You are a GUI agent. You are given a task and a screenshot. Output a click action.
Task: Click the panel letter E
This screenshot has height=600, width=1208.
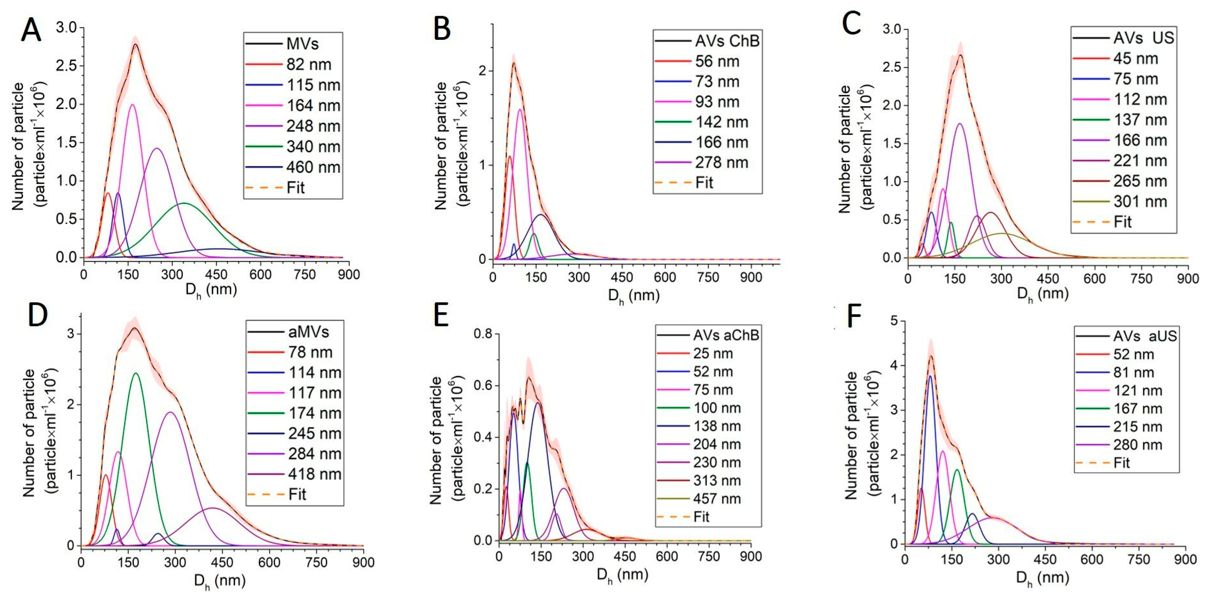pos(442,316)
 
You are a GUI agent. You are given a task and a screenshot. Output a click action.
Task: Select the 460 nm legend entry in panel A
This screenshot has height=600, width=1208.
pos(313,167)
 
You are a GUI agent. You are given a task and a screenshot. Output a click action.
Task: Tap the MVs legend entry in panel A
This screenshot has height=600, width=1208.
pos(303,44)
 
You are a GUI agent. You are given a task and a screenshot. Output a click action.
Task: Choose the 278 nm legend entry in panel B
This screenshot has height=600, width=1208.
pos(722,163)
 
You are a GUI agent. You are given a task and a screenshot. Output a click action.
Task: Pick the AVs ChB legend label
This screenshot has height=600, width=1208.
pos(727,41)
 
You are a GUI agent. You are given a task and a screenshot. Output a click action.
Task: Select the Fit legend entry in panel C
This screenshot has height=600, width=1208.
pos(1122,222)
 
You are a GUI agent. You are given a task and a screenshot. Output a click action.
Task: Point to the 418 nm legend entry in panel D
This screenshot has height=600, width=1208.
pos(314,474)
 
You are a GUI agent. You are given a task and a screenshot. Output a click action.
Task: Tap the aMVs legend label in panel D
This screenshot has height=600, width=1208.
pos(308,332)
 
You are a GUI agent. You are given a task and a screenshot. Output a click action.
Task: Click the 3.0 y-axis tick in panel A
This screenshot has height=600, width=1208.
pos(66,28)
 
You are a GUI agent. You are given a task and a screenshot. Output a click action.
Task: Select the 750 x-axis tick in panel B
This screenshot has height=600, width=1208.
pos(708,277)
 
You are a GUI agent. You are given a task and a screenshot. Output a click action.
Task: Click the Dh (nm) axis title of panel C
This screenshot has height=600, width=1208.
pos(1042,294)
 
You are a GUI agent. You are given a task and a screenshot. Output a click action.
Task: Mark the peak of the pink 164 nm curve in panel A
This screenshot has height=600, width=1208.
pos(132,105)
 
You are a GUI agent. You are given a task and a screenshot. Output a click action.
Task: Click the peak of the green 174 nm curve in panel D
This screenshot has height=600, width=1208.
pos(137,373)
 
